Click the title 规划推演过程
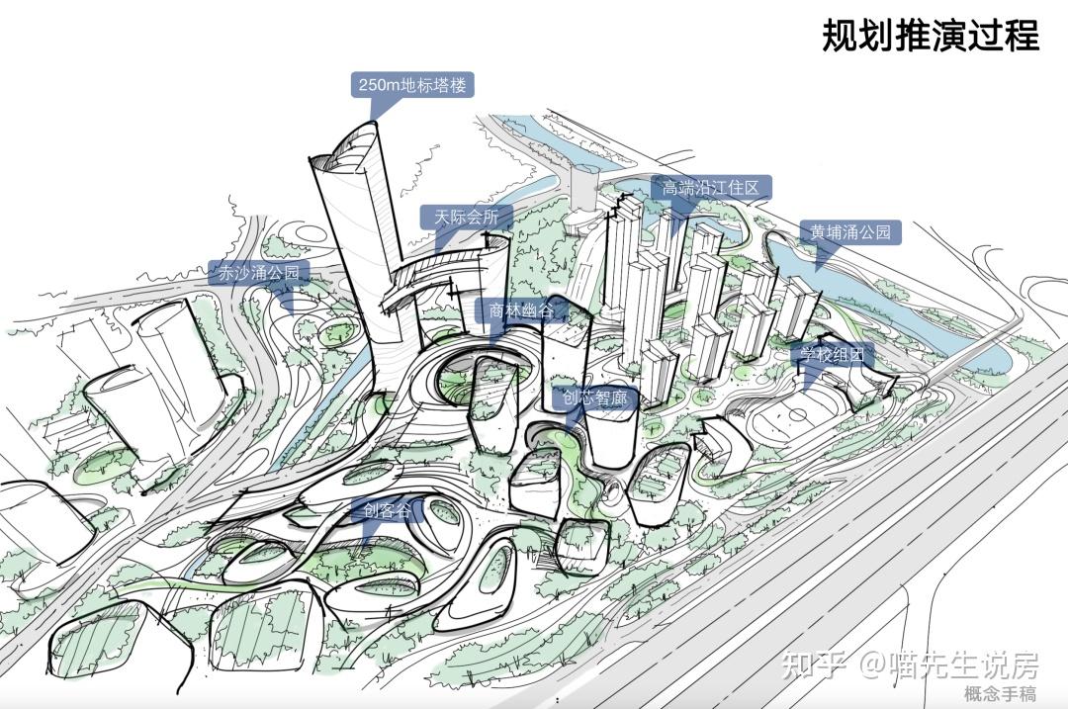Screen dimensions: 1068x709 pos(931,35)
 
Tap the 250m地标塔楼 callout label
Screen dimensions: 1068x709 pos(412,85)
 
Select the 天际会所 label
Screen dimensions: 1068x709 pos(466,218)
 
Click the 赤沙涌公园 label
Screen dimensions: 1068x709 pos(259,273)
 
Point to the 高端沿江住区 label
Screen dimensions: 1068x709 pos(711,187)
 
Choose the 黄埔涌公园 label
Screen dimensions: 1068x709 pos(850,232)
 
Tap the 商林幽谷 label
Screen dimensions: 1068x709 pos(521,310)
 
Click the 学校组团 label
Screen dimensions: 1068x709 pos(832,354)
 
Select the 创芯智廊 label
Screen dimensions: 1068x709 pos(595,398)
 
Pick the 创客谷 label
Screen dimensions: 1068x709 pos(387,510)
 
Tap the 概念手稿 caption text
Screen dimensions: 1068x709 pos(1000,694)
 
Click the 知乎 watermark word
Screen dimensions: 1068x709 pos(814,665)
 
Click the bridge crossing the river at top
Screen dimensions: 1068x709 pos(583,184)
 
